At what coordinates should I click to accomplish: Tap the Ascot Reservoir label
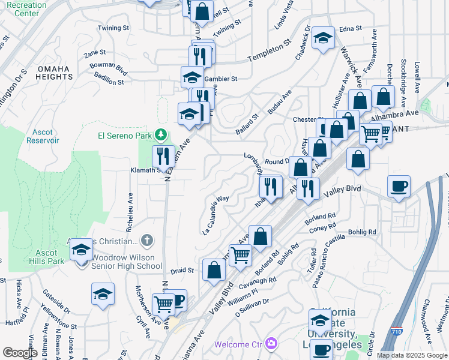43,136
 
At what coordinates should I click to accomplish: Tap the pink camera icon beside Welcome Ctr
272,344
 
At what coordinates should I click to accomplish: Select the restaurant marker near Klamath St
163,157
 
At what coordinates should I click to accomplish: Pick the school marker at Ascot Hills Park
82,250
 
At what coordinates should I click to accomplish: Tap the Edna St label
351,28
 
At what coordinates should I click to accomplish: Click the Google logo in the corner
20,352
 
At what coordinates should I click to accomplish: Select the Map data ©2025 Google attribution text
412,355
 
